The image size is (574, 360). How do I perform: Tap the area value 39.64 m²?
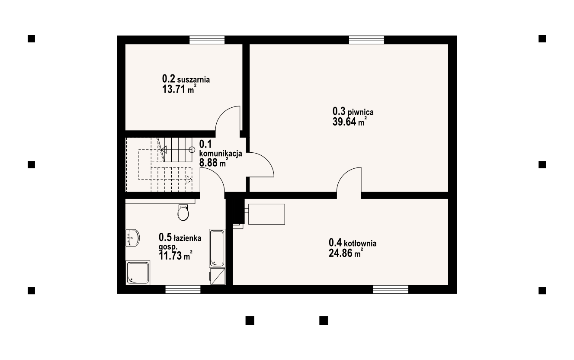click(350, 122)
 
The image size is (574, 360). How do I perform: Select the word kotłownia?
click(360, 243)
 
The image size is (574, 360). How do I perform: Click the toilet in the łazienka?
click(183, 212)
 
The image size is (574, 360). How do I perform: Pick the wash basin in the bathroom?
click(132, 238)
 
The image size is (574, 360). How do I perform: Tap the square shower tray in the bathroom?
click(138, 273)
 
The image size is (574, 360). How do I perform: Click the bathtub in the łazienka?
click(217, 248)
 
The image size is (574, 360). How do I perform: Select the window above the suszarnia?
click(207, 40)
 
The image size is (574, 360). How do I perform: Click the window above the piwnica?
click(366, 40)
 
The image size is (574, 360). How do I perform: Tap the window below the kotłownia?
click(391, 289)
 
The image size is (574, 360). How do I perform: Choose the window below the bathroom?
click(183, 289)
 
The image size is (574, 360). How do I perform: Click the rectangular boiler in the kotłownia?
click(266, 214)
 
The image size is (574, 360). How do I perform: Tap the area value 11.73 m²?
click(176, 256)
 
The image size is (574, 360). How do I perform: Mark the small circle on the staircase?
click(192, 149)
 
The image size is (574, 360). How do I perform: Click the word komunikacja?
click(221, 154)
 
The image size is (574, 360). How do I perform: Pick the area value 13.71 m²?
click(179, 89)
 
